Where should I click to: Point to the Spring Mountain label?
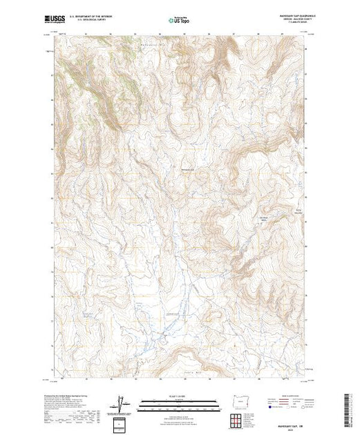pos(300,211)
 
